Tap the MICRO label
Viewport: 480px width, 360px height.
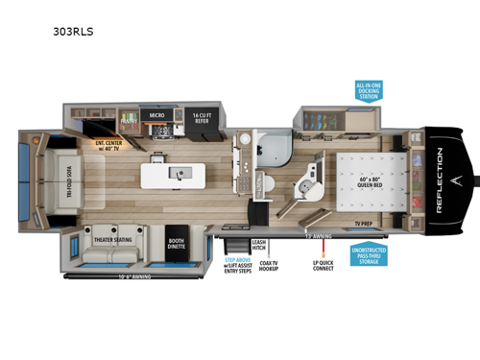(158, 114)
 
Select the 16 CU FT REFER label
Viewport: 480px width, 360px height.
(202, 113)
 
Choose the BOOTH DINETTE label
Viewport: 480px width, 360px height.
(176, 244)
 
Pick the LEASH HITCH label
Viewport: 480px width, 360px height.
(257, 246)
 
